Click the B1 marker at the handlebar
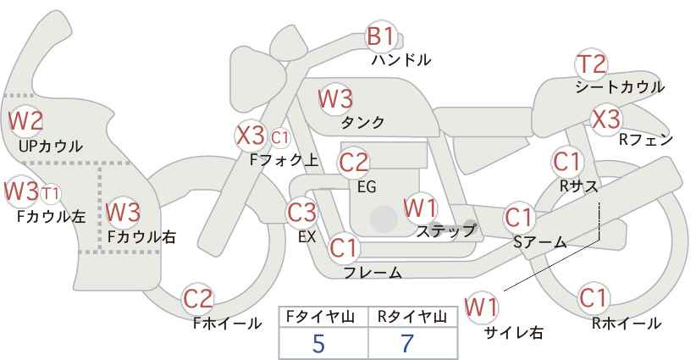pyautogui.click(x=380, y=37)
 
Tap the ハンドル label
pyautogui.click(x=401, y=60)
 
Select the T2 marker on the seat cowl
pyautogui.click(x=591, y=64)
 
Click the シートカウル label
pyautogui.click(x=620, y=87)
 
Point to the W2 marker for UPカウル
pyautogui.click(x=25, y=120)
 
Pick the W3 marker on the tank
pyautogui.click(x=335, y=98)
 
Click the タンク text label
pyautogui.click(x=362, y=122)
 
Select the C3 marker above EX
pyautogui.click(x=302, y=212)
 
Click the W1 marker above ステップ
pyautogui.click(x=420, y=207)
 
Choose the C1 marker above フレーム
pyautogui.click(x=344, y=248)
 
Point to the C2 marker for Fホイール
pyautogui.click(x=199, y=298)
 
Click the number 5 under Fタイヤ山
pyautogui.click(x=318, y=343)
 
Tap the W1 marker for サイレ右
pyautogui.click(x=483, y=307)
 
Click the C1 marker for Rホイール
pyautogui.click(x=593, y=298)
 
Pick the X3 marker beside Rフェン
pyautogui.click(x=606, y=119)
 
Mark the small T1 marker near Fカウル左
pyautogui.click(x=51, y=192)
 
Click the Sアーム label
pyautogui.click(x=539, y=242)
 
